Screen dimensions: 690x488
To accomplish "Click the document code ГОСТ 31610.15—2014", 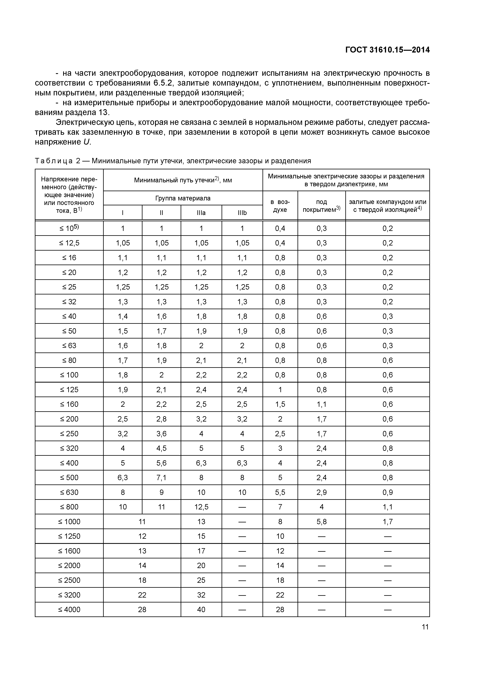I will tap(387, 50).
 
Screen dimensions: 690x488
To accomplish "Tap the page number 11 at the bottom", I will tap(425, 627).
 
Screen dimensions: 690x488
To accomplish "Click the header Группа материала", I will tap(183, 198).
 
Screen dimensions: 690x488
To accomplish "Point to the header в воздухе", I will tap(280, 206).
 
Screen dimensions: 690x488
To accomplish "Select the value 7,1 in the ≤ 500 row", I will tap(162, 478).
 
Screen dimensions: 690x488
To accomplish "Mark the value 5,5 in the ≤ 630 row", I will tap(280, 492).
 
